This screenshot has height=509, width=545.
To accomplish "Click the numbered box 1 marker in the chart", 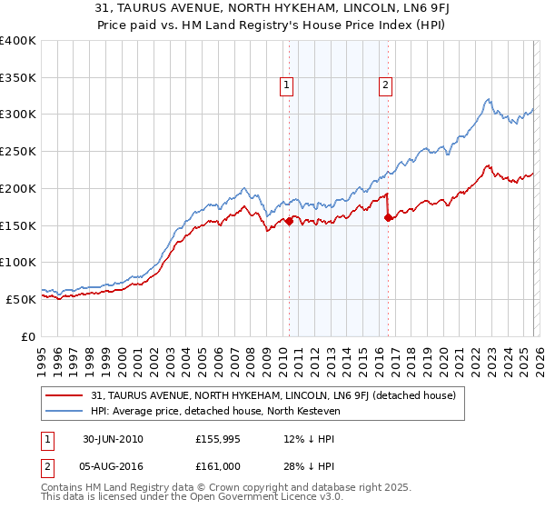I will click(286, 86).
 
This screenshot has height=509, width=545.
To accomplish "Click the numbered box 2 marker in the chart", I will click(385, 86).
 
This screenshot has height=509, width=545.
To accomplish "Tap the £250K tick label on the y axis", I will click(18, 151).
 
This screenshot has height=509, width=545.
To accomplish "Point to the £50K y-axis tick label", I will click(21, 299).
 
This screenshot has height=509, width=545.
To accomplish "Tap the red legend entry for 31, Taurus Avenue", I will click(279, 395).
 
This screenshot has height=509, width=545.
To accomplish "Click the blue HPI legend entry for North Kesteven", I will click(214, 411).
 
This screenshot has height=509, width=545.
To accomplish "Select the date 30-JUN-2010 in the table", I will click(113, 439).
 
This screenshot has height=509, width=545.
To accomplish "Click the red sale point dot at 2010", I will click(290, 220).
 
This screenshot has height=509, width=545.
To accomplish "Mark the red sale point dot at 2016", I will click(388, 216).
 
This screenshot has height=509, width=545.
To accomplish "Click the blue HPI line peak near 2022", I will click(488, 99).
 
